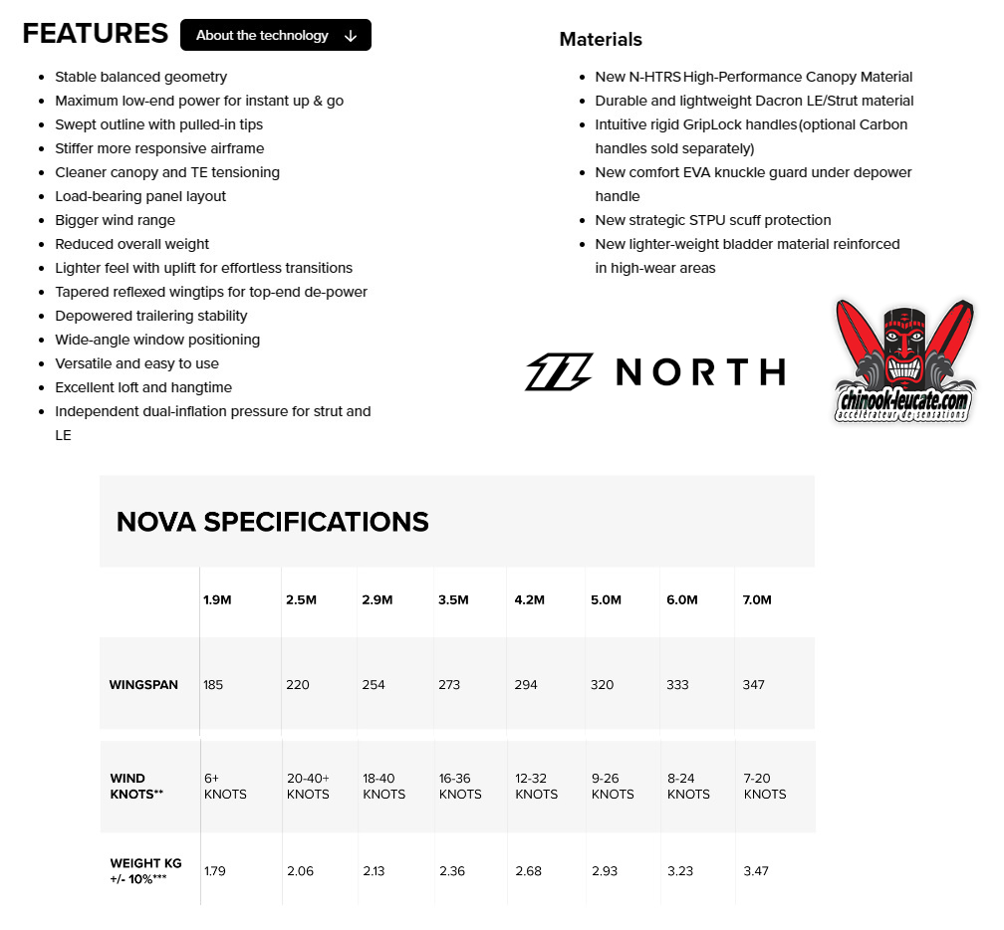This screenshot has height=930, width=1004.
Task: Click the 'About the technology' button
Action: tap(262, 35)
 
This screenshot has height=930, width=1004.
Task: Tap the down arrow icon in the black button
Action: tap(350, 36)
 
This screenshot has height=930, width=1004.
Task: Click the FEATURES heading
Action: tap(95, 33)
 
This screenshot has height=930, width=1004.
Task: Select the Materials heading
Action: tap(601, 40)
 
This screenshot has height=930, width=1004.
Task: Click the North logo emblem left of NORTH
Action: tap(559, 371)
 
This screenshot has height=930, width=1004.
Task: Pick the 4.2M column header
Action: tap(529, 599)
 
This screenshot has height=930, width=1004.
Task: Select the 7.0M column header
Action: tap(757, 599)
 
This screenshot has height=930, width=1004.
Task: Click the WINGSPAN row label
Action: tap(143, 685)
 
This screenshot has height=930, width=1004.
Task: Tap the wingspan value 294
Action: tap(526, 685)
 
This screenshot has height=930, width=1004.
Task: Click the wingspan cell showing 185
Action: tap(213, 685)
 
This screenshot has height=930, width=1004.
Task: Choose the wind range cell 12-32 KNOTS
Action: tap(536, 787)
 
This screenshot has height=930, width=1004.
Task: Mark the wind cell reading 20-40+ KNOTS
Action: tap(308, 787)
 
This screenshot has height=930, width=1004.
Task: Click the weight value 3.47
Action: tap(756, 871)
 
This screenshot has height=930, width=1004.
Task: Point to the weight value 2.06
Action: tap(300, 871)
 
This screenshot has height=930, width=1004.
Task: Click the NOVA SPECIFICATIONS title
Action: tap(273, 522)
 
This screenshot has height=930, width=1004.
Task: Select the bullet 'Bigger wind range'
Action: tap(115, 220)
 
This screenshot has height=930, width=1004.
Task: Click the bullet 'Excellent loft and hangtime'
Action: tap(143, 387)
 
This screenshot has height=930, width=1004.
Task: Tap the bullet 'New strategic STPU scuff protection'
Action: tap(713, 220)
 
